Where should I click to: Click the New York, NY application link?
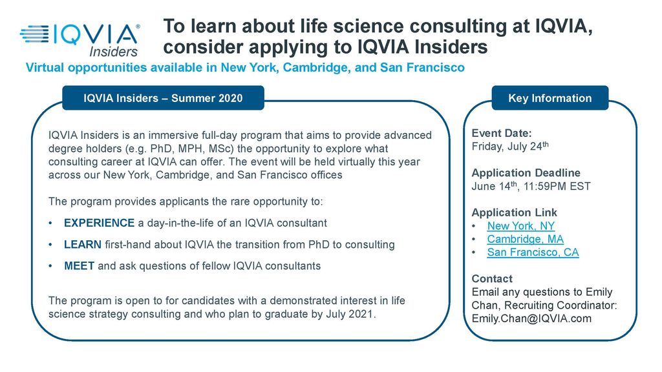pyautogui.click(x=520, y=226)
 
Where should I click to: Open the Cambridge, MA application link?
pyautogui.click(x=525, y=239)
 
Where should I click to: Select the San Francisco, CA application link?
pyautogui.click(x=533, y=253)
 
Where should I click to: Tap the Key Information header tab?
pyautogui.click(x=550, y=98)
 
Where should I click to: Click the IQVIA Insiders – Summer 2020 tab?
pyautogui.click(x=163, y=98)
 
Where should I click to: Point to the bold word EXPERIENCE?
pyautogui.click(x=99, y=223)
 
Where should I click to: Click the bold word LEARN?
pyautogui.click(x=83, y=245)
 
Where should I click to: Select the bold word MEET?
pyautogui.click(x=79, y=266)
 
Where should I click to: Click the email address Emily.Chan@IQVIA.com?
pyautogui.click(x=531, y=318)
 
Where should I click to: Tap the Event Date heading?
pyautogui.click(x=502, y=133)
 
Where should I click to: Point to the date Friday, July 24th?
pyautogui.click(x=510, y=147)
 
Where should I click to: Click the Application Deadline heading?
pyautogui.click(x=526, y=173)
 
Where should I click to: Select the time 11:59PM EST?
pyautogui.click(x=557, y=187)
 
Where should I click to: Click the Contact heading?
pyautogui.click(x=492, y=279)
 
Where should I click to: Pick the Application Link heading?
pyautogui.click(x=514, y=212)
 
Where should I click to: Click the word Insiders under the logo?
pyautogui.click(x=114, y=52)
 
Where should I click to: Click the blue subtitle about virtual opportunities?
pyautogui.click(x=245, y=67)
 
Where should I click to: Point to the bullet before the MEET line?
pyautogui.click(x=50, y=266)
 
